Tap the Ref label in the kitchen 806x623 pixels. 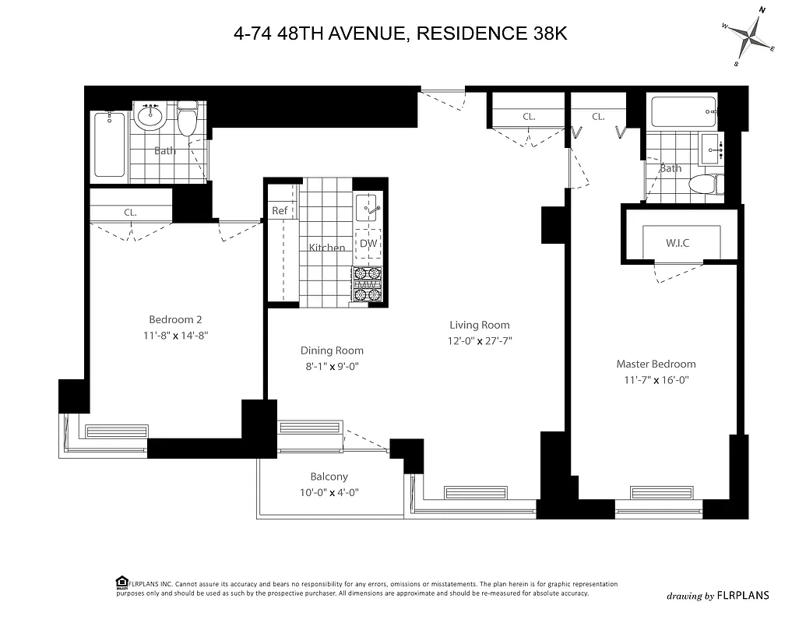(x=280, y=211)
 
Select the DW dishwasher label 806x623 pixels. (x=368, y=244)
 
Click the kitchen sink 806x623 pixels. (x=368, y=208)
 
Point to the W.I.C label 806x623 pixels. (x=678, y=243)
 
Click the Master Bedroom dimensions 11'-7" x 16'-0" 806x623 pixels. (x=656, y=380)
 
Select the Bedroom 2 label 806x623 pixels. (x=176, y=319)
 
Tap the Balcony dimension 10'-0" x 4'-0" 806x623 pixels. (x=329, y=492)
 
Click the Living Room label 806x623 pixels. (x=480, y=325)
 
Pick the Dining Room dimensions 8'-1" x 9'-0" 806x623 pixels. (x=333, y=366)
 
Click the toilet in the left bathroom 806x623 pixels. (x=187, y=120)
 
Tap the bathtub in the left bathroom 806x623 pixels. (x=109, y=145)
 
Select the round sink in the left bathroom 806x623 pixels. (x=149, y=117)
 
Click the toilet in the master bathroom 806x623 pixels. (x=705, y=185)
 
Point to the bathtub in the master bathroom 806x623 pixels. (x=683, y=112)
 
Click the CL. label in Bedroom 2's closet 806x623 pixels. (x=130, y=212)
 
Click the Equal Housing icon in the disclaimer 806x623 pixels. (x=122, y=583)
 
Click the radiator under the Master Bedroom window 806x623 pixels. (x=660, y=493)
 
